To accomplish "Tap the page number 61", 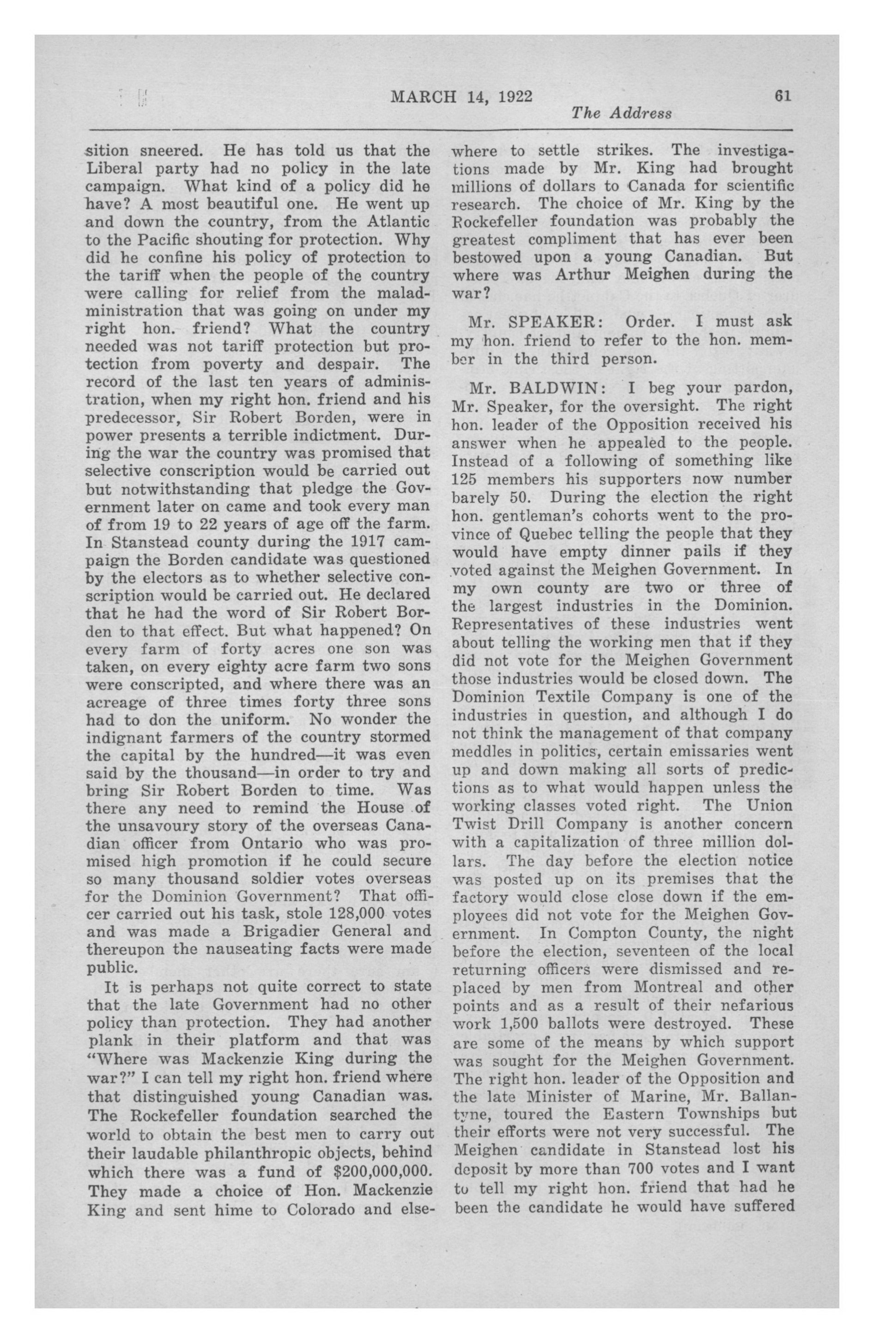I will point(783,96).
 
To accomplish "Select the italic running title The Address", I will point(621,114).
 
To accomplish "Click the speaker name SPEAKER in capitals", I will point(545,321).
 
